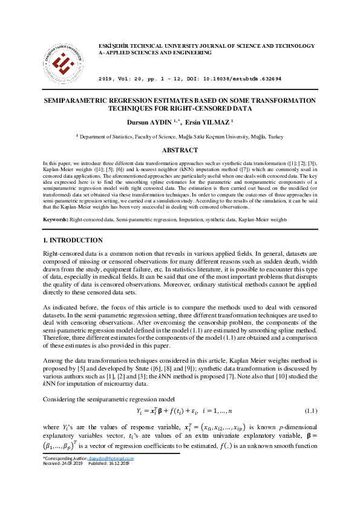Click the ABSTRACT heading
pos(180,150)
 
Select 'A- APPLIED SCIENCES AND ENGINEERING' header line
pos(155,53)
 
